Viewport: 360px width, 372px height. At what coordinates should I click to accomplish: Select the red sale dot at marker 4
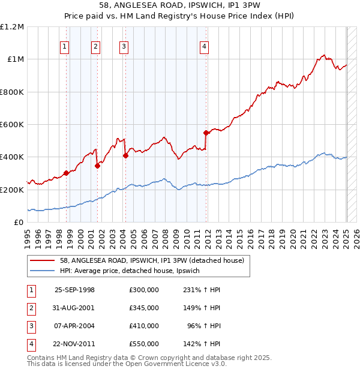(206, 133)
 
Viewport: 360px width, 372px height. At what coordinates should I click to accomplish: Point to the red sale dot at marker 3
(125, 155)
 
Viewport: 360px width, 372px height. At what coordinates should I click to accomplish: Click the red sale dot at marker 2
(97, 166)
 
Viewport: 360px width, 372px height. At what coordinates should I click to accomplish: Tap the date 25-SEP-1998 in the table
(74, 289)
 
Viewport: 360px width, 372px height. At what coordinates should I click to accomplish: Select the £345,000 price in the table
(144, 308)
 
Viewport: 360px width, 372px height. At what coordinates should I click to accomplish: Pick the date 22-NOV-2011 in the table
(74, 344)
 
